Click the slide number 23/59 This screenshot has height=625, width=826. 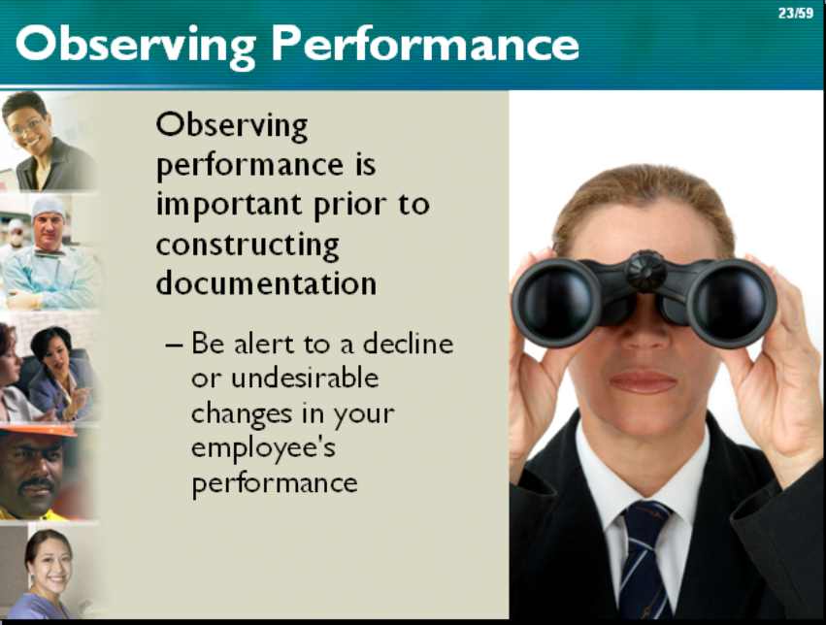click(796, 14)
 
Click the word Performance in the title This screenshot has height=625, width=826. click(425, 46)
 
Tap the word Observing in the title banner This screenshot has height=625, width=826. click(136, 48)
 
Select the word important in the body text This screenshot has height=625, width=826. click(229, 206)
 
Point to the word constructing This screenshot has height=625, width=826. click(248, 246)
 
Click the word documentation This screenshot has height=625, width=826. click(266, 282)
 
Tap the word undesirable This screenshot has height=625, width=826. click(305, 378)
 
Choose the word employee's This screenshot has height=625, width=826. click(263, 449)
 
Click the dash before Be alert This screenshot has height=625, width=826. click(175, 345)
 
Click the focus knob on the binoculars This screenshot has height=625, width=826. click(645, 270)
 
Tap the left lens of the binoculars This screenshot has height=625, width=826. click(557, 301)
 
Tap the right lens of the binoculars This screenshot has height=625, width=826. click(731, 303)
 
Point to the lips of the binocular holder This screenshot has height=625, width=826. click(643, 381)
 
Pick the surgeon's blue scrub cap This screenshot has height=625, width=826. click(48, 206)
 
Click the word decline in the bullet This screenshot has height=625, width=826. click(409, 344)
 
